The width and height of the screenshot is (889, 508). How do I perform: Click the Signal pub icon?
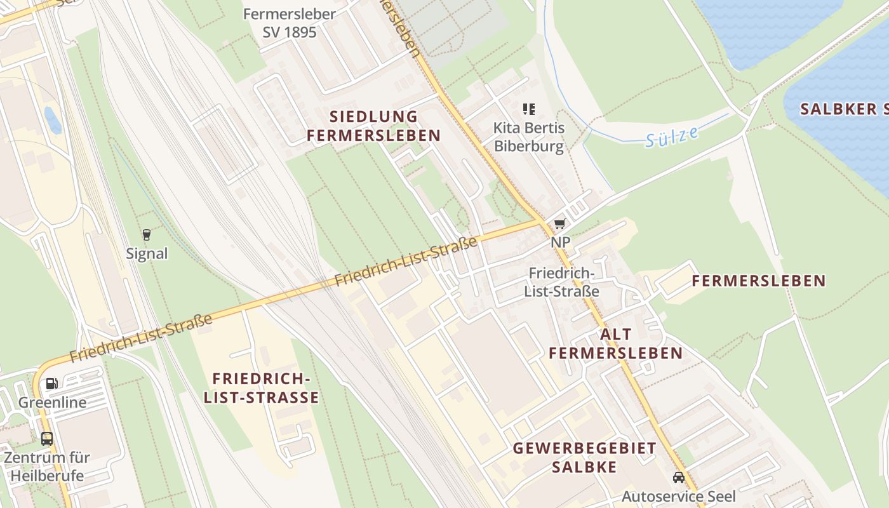click(147, 235)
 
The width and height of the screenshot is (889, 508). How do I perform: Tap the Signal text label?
click(147, 254)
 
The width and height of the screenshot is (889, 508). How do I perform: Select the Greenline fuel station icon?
click(52, 384)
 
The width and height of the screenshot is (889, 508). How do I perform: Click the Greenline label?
click(52, 403)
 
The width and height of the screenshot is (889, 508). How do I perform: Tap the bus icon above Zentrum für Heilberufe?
click(47, 438)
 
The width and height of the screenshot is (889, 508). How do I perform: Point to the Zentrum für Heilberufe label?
click(47, 466)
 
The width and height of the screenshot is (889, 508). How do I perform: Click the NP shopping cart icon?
click(559, 224)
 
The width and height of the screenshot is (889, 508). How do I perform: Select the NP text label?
click(560, 243)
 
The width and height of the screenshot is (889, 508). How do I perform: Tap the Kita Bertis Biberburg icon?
click(529, 109)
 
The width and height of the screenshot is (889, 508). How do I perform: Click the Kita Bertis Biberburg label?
click(529, 137)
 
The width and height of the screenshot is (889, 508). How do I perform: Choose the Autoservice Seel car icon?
click(679, 477)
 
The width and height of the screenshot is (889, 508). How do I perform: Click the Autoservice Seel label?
click(678, 497)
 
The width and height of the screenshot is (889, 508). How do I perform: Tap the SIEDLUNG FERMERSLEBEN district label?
click(373, 126)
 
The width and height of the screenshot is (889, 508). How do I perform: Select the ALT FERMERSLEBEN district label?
click(615, 344)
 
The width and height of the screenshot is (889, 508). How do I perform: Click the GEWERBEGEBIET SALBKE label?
click(584, 457)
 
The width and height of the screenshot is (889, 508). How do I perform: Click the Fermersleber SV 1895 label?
click(289, 23)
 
